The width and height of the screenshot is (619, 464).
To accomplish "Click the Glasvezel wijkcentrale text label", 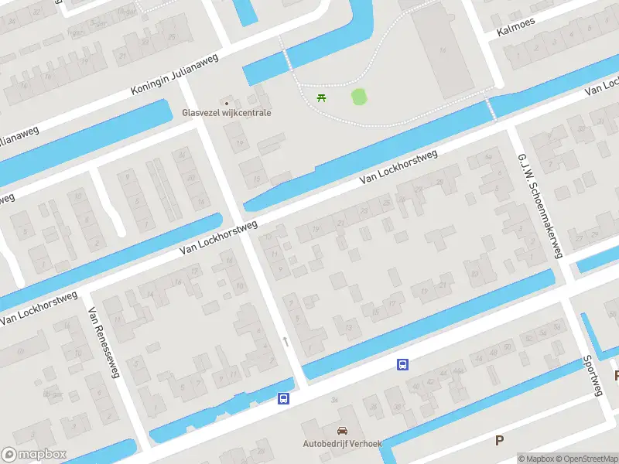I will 226,113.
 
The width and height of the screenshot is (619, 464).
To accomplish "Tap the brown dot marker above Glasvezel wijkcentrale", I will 227,102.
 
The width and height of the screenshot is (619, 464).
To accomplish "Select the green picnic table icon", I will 322,97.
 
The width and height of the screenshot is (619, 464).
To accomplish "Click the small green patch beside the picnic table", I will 358,97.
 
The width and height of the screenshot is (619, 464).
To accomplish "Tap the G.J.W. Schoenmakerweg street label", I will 540,204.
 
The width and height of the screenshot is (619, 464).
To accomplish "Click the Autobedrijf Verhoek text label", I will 341,444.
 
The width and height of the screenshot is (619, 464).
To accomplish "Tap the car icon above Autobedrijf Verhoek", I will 341,431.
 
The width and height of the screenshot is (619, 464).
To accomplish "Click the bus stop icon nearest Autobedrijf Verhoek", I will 284,399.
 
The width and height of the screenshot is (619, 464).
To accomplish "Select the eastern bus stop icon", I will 402,364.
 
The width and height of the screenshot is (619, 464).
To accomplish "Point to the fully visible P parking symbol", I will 499,440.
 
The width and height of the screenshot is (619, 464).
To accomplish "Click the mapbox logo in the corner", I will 34,455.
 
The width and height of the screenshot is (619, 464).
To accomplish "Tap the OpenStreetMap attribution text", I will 586,459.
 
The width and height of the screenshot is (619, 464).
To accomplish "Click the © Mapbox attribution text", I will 535,459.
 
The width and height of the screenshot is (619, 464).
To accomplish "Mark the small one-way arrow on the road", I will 286,341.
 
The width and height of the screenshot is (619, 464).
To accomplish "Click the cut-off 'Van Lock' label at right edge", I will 601,85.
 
